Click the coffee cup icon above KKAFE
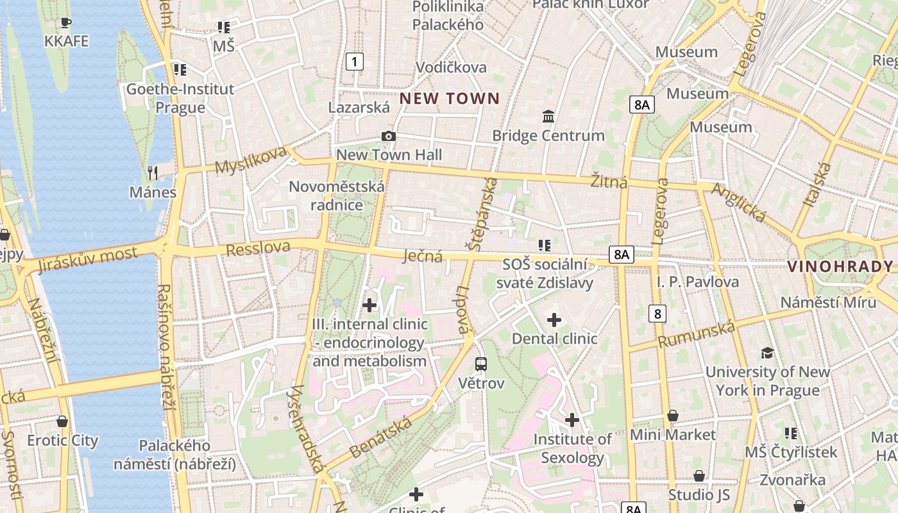(x=66, y=24)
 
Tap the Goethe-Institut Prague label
(x=180, y=98)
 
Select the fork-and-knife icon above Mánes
(x=153, y=172)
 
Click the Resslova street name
(x=258, y=248)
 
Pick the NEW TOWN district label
(x=449, y=99)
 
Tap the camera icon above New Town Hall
(x=388, y=137)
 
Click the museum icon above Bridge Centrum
(x=548, y=117)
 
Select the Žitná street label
(x=609, y=182)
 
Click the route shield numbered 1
(x=354, y=62)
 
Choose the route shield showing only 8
(x=657, y=314)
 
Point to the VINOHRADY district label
(x=840, y=267)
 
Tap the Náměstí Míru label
(x=828, y=303)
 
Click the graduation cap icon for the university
(x=767, y=353)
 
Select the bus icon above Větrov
(x=481, y=364)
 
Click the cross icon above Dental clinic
(x=554, y=320)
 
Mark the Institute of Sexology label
(x=573, y=448)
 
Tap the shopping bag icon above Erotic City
(x=62, y=421)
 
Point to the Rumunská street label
(x=696, y=335)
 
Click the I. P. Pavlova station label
(x=698, y=282)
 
